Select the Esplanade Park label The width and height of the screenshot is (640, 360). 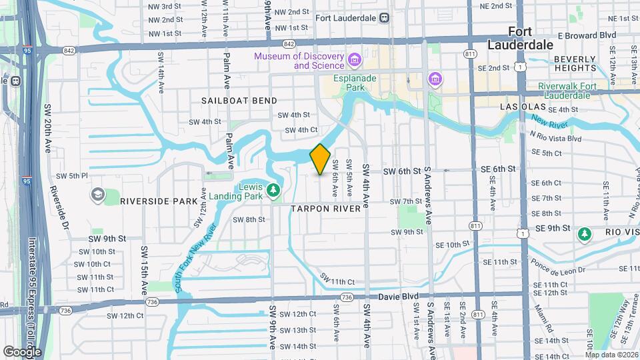tap(354, 82)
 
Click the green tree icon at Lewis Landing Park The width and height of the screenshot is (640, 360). tap(273, 191)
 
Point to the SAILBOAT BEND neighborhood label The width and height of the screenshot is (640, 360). tap(239, 100)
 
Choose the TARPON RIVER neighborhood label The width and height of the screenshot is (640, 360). tap(325, 209)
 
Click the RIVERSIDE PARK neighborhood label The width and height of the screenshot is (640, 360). tap(159, 201)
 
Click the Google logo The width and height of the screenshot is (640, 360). tap(22, 351)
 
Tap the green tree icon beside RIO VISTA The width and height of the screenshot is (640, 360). tap(585, 234)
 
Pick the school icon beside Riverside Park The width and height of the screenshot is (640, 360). tap(97, 195)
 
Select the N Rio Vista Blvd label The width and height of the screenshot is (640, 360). tap(555, 138)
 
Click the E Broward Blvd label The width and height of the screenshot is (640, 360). tap(586, 35)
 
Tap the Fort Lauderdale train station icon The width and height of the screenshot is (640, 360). tap(384, 19)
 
